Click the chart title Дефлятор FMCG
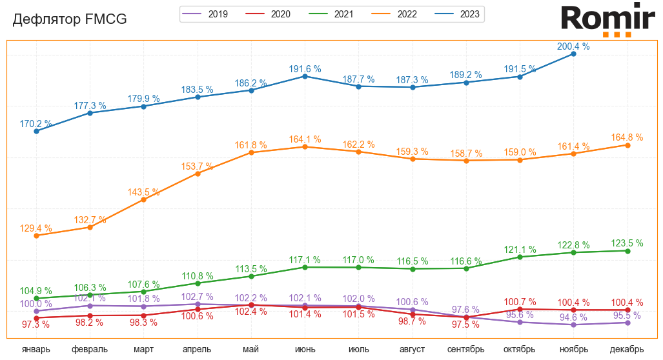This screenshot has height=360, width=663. point(70,20)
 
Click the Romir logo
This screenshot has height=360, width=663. point(607,19)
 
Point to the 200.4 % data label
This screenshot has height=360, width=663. point(573,46)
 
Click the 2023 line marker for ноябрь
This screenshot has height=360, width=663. point(573,54)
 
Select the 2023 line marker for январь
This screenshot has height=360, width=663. point(36,131)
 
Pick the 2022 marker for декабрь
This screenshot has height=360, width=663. point(627,145)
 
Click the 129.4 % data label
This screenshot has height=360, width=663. point(36,228)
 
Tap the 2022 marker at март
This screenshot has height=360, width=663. point(143,200)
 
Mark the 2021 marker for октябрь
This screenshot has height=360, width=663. point(520,257)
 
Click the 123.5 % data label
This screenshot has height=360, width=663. point(627,243)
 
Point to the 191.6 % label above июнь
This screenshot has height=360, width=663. point(305,68)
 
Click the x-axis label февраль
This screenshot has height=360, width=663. point(90,349)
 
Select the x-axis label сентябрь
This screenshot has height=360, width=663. point(466,349)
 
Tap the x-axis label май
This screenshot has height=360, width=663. point(251,349)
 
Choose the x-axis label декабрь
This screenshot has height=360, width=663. point(627,349)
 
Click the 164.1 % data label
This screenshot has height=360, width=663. point(305,139)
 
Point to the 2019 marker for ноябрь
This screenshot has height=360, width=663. point(573,325)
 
